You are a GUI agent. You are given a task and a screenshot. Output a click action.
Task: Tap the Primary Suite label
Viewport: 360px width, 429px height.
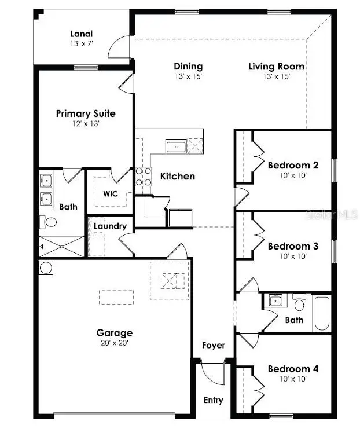coord(86,113)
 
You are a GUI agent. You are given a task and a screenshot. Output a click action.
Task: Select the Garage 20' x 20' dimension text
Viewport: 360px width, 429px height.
coord(115,342)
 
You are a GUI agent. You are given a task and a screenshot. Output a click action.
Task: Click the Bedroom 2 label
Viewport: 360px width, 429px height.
coord(293,165)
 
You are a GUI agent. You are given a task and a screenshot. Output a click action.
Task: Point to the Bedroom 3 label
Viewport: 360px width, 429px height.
coord(293,246)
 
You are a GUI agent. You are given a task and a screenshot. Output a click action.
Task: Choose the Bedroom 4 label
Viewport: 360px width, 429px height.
coord(293,369)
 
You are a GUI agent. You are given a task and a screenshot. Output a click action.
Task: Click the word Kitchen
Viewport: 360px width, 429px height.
coord(178,176)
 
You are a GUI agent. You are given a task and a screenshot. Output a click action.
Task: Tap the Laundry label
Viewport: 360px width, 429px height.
coord(110,226)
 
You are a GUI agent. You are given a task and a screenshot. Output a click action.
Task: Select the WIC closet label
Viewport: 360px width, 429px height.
coord(111,193)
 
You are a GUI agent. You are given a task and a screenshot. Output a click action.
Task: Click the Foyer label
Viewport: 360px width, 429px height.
coord(213,346)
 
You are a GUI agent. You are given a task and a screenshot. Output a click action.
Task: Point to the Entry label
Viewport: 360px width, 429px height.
coord(213,400)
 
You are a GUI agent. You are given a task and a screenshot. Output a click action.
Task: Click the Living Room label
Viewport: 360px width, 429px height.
coord(277,67)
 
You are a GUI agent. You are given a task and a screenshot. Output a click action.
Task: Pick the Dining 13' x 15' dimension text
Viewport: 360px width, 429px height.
coord(188,76)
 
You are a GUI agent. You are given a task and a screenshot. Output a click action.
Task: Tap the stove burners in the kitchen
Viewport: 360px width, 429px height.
coord(142,177)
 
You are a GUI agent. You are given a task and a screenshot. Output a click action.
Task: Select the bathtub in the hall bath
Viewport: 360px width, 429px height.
coord(321,314)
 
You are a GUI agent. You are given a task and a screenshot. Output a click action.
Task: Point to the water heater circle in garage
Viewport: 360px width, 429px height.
coord(46,267)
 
